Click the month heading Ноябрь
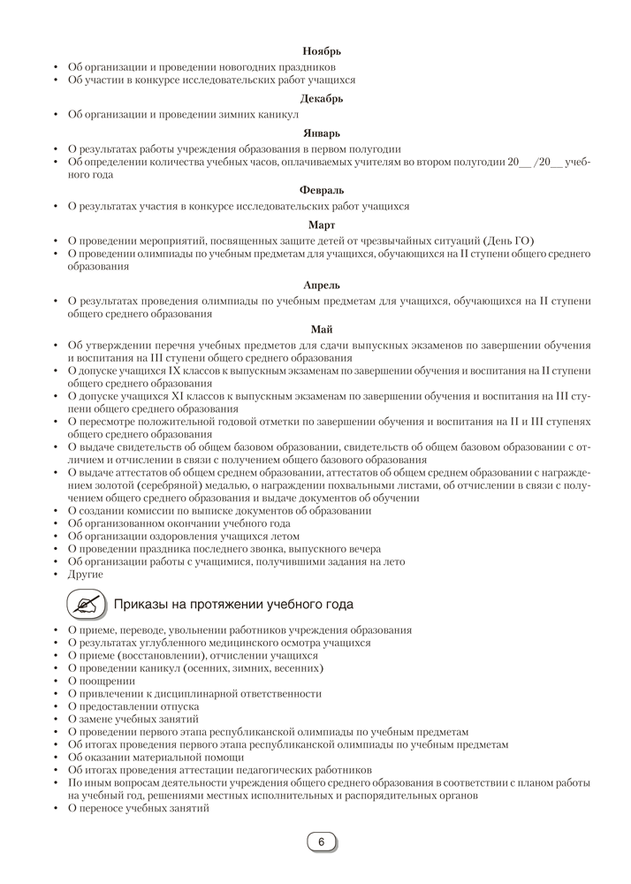point(322,51)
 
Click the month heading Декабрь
point(322,99)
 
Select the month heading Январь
point(322,133)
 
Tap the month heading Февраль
point(322,190)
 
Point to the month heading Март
point(322,225)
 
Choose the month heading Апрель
point(322,286)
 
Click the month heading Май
point(322,330)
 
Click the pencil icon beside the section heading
point(86,604)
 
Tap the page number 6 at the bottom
point(322,842)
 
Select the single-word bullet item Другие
point(86,574)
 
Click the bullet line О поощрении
point(102,681)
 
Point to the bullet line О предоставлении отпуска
point(133,706)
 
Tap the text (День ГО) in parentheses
point(509,240)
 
